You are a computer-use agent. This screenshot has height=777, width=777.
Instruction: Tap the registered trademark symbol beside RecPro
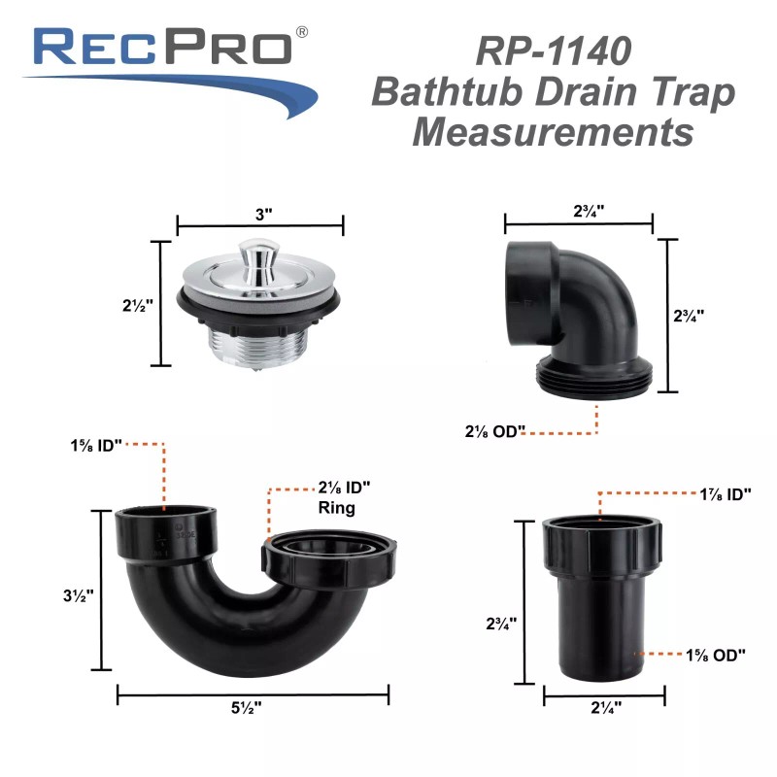302,33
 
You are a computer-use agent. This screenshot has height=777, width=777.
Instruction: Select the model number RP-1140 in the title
552,50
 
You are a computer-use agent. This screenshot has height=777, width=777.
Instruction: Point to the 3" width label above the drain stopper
260,215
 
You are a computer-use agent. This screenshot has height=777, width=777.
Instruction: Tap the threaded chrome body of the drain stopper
258,341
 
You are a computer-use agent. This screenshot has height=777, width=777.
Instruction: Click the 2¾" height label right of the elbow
688,315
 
